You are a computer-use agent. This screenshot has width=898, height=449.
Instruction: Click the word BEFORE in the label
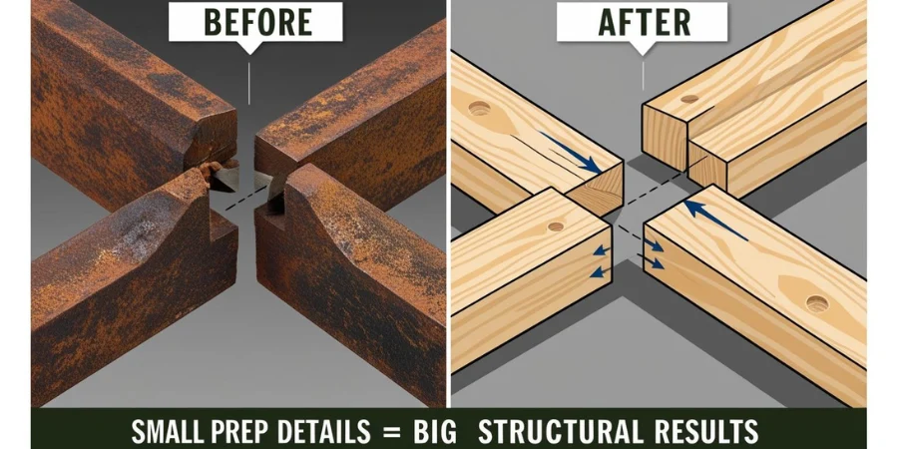pos(257,22)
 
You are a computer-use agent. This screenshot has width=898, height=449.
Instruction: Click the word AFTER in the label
pos(643,23)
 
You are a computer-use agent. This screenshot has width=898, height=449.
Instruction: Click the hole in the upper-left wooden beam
pos(479,108)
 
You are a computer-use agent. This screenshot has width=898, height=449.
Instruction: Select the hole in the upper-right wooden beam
pos(689,99)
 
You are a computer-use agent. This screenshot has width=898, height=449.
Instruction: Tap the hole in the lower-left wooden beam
pos(556,226)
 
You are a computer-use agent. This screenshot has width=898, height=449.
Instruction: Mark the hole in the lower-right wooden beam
pos(817,303)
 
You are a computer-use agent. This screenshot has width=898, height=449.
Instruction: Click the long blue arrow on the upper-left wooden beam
pos(571,153)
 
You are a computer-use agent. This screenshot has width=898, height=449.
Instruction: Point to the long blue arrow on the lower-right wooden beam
pos(715,220)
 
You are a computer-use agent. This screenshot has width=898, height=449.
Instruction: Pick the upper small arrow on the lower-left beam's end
pos(601,250)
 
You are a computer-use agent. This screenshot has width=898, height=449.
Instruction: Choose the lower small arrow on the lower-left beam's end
pos(599,271)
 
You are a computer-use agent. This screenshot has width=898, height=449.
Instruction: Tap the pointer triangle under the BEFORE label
pos(248,48)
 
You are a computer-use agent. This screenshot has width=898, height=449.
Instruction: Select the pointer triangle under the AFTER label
pos(643,48)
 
